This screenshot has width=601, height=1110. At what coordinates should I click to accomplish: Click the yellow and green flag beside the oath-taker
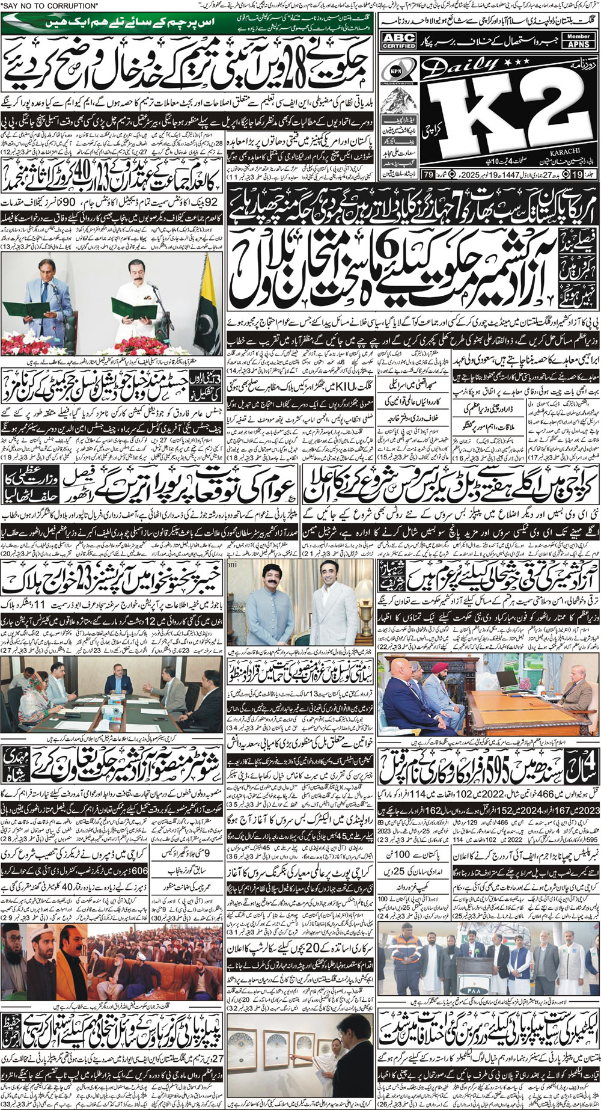click(x=209, y=301)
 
